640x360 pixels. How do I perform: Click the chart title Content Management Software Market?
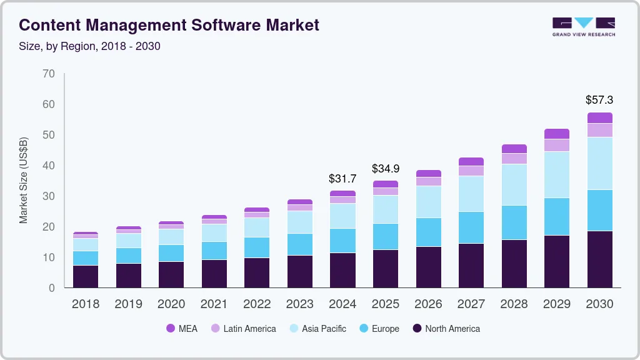pos(169,25)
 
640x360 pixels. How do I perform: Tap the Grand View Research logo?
pos(583,26)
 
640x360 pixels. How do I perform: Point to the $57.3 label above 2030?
pos(599,100)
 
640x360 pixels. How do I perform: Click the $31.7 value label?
pos(342,179)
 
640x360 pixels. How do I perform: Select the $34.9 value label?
pos(386,169)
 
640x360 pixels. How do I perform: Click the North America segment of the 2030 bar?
pos(599,259)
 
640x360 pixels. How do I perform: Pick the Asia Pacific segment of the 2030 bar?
pos(599,163)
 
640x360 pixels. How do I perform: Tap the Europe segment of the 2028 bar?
pos(514,222)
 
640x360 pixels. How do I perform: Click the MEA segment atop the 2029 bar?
pos(556,134)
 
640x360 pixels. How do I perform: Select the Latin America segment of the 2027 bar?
pos(471,171)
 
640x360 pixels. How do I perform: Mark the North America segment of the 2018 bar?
pos(86,276)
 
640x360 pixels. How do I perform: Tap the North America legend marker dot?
pos(417,329)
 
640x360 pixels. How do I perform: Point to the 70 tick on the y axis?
pos(49,74)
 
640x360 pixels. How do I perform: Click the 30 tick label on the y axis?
pos(49,196)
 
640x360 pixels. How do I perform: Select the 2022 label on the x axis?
pos(257,304)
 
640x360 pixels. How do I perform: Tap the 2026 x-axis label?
pos(428,304)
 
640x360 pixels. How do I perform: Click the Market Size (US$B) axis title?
pos(24,181)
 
